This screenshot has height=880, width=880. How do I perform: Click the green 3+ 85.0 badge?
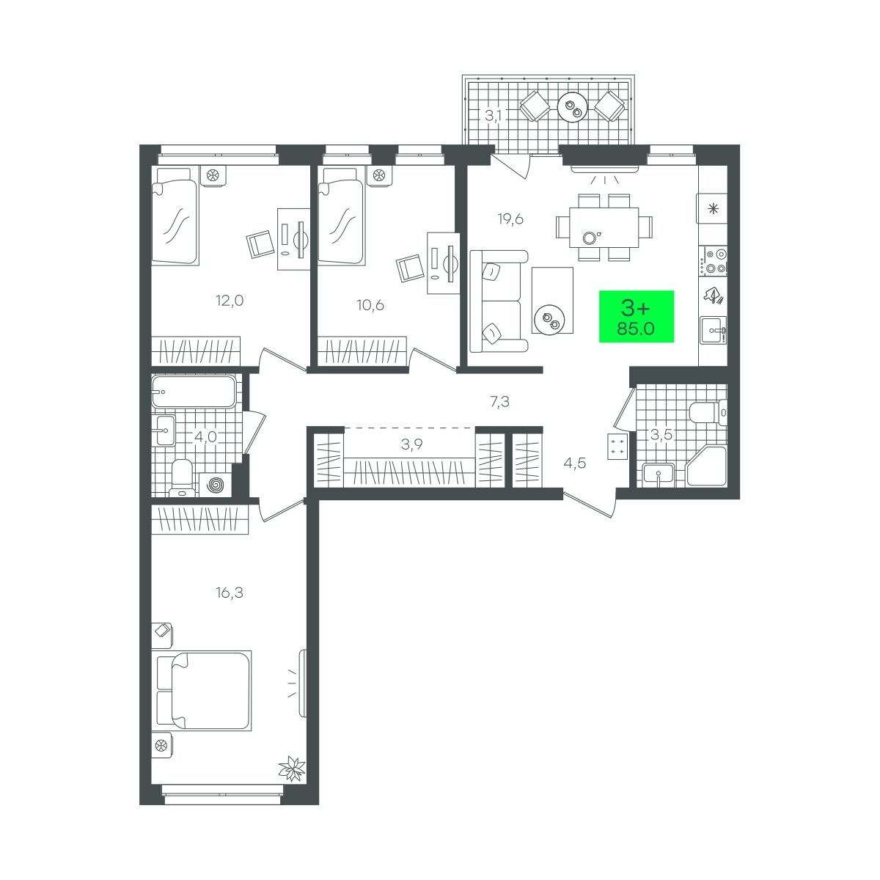pyautogui.click(x=636, y=316)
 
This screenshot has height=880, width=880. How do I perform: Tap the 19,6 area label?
pyautogui.click(x=510, y=220)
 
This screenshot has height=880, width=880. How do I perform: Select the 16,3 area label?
pyautogui.click(x=230, y=593)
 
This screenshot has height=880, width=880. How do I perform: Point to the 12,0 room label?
pyautogui.click(x=230, y=301)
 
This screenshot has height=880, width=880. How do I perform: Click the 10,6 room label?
pyautogui.click(x=370, y=305)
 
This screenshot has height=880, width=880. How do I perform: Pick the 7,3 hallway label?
pyautogui.click(x=499, y=402)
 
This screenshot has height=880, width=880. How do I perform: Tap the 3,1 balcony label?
pyautogui.click(x=494, y=116)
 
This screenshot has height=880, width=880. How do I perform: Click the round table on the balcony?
pyautogui.click(x=572, y=107)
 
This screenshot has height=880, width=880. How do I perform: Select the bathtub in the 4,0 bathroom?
pyautogui.click(x=194, y=392)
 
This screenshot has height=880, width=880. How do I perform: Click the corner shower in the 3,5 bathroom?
pyautogui.click(x=706, y=466)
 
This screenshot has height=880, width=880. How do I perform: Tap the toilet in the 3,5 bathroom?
pyautogui.click(x=708, y=413)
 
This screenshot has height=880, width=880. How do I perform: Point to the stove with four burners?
pyautogui.click(x=716, y=261)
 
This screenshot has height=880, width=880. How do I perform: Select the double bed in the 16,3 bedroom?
pyautogui.click(x=204, y=690)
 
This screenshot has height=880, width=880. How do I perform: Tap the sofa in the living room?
pyautogui.click(x=498, y=301)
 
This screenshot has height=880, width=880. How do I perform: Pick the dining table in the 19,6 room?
pyautogui.click(x=604, y=227)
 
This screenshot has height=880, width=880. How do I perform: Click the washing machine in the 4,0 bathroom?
pyautogui.click(x=215, y=485)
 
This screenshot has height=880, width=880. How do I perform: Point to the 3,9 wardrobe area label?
pyautogui.click(x=412, y=444)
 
